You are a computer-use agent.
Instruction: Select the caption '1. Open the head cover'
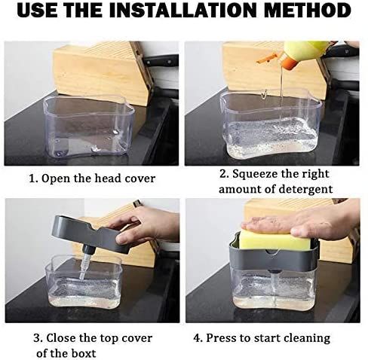click(92, 178)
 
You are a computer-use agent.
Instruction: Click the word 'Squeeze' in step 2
click(260, 174)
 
